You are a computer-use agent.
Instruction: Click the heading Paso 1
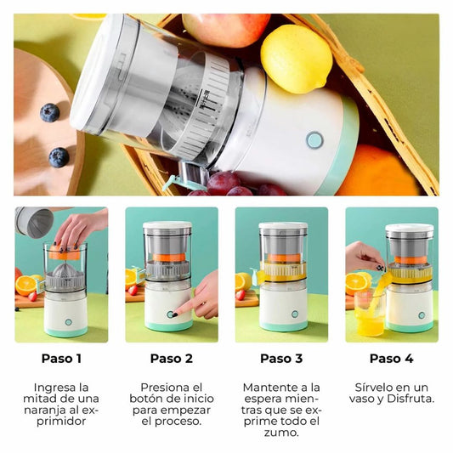[x=61, y=359]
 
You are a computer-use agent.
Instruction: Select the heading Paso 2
[x=172, y=359]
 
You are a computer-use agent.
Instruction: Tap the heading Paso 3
[x=281, y=359]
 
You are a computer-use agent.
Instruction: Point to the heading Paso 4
[x=392, y=359]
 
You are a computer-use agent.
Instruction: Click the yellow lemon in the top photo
[x=297, y=59]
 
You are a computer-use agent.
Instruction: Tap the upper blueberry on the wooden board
[x=49, y=112]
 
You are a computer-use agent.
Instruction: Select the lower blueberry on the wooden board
[x=59, y=157]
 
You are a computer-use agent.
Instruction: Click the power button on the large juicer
[x=314, y=140]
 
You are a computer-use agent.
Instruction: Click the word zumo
[x=281, y=433]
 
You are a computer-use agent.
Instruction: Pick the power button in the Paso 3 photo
[x=295, y=314]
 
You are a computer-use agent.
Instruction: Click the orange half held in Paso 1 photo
[x=64, y=252]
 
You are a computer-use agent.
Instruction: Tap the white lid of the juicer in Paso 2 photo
[x=167, y=225]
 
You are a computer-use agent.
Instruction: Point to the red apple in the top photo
[x=226, y=29]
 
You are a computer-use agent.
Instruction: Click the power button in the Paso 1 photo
[x=69, y=322]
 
